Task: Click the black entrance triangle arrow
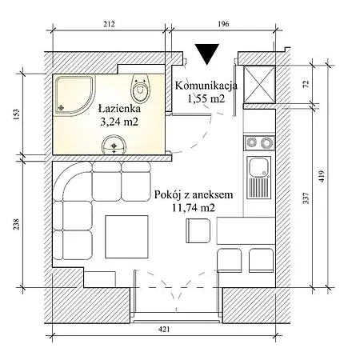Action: coord(207,54)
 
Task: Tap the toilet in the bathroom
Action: coord(140,89)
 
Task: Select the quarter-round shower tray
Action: coord(75,95)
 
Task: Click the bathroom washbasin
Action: coord(114,145)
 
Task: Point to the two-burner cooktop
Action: coord(259,143)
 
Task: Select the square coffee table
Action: coord(126,237)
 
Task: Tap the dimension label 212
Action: coord(109,24)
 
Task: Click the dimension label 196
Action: coord(223,24)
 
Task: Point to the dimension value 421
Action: coord(164,330)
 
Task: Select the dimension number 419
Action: coord(322,176)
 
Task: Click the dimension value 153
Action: coord(17,114)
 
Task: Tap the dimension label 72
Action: coord(306,84)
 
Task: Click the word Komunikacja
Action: coord(206,86)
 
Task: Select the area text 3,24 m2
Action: coord(119,122)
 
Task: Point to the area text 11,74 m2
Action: coord(193,208)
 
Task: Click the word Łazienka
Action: coord(119,109)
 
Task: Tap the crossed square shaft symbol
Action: coord(259,84)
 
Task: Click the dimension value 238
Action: coord(17,224)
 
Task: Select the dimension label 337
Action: coord(306,198)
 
